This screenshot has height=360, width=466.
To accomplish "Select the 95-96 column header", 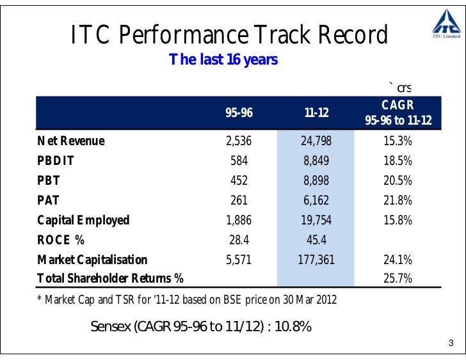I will coord(239,113).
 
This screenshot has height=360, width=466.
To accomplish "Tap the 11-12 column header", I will coord(316,113).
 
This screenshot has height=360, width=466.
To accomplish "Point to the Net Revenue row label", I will coord(70,141).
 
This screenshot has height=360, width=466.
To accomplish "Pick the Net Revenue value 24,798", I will coord(316,141).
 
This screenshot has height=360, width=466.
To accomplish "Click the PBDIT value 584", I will coord(239,160).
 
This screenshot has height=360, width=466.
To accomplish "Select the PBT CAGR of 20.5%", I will coord(398,180).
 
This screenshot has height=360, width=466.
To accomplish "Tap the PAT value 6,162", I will coord(316,200).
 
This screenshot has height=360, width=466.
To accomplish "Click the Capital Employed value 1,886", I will coord(239,220).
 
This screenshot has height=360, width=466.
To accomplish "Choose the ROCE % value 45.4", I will coord(316,240).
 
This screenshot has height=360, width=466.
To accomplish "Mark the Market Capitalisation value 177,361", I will coord(316,260).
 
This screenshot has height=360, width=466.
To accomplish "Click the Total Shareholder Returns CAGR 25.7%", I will coord(398,279).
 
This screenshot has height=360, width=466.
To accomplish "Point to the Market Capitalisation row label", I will coord(92,260).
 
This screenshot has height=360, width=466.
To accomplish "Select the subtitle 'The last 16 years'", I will coord(223,60).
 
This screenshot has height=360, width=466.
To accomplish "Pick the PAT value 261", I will coord(239,200).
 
